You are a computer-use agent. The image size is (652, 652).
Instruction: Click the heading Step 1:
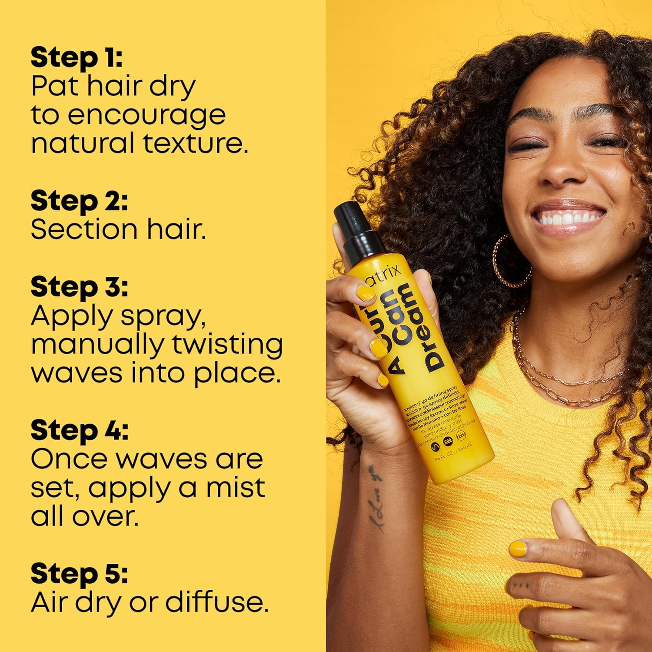pyautogui.click(x=77, y=58)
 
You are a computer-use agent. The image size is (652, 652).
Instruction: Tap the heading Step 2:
pyautogui.click(x=79, y=201)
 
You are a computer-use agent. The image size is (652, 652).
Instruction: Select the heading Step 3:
pyautogui.click(x=79, y=287)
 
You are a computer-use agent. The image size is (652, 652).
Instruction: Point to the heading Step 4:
pyautogui.click(x=79, y=430)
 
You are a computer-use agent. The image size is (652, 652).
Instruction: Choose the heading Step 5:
pyautogui.click(x=79, y=574)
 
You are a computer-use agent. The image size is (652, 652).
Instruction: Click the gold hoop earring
pyautogui.click(x=511, y=261)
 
